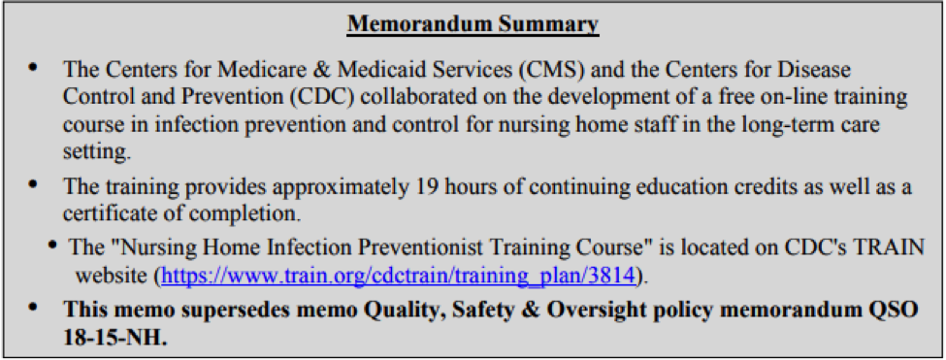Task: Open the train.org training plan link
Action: click(x=398, y=275)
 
